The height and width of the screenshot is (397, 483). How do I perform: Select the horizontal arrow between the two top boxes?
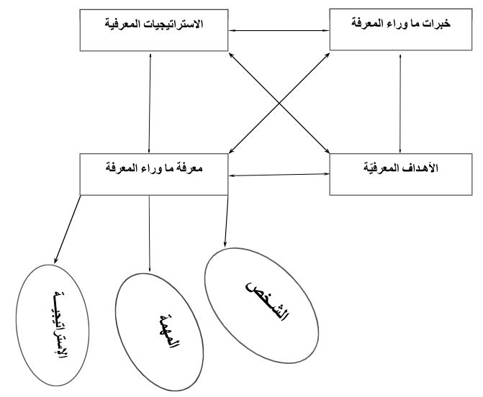tap(279, 30)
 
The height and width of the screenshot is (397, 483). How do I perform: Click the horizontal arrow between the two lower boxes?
tap(279, 175)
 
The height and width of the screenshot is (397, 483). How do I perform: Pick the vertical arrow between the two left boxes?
tap(150, 104)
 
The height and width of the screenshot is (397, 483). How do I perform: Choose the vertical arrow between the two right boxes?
tap(400, 104)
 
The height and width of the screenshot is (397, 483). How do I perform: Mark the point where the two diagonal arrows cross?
tap(279, 103)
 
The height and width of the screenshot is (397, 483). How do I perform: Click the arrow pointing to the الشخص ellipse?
tap(227, 222)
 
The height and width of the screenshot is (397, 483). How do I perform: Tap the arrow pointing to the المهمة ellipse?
tap(150, 234)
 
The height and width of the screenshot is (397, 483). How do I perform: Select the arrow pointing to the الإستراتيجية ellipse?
tap(68, 229)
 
